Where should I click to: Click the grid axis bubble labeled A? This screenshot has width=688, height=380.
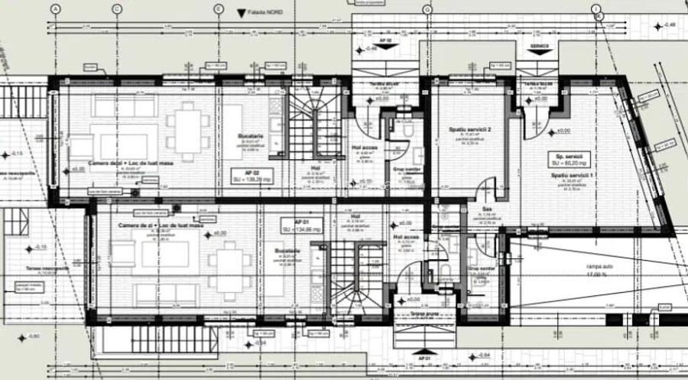(54, 8)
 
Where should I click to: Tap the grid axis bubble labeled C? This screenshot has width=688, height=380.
(116, 8)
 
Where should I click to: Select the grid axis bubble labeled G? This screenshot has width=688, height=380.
(427, 8)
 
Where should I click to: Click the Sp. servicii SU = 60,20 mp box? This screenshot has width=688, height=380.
(570, 158)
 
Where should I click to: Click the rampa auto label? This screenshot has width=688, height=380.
(599, 267)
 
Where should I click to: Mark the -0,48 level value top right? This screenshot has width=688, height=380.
(670, 25)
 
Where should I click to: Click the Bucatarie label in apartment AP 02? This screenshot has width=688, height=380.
(250, 136)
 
